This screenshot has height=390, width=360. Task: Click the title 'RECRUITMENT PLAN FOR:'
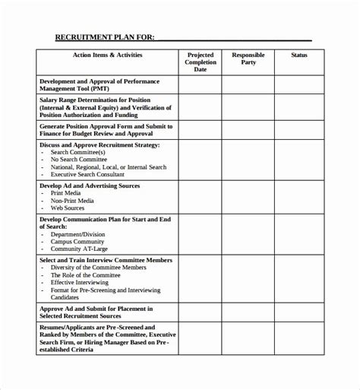tap(105, 36)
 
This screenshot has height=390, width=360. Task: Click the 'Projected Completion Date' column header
tap(201, 62)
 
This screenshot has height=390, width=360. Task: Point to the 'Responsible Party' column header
tap(248, 59)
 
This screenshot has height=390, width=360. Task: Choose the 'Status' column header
tap(299, 55)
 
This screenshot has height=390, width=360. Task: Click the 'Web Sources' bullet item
tap(68, 208)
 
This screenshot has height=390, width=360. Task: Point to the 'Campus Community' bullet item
tap(76, 241)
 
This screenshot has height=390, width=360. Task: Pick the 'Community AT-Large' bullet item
tap(78, 249)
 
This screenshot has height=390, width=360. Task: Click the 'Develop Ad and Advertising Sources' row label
tap(90, 185)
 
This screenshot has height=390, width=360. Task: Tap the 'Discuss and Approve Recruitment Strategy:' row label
tap(99, 144)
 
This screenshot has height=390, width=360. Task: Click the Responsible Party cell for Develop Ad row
tap(248, 196)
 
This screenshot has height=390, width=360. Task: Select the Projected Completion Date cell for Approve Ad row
tap(201, 312)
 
